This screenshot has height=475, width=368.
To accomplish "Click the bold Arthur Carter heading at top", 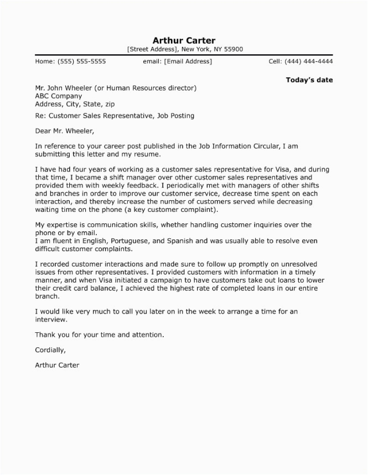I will tap(184, 40).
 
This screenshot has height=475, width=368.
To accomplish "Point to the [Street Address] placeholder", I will tap(152, 49).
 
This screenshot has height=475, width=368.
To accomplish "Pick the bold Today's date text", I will tap(309, 80).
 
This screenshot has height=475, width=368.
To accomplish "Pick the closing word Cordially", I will tap(50, 350).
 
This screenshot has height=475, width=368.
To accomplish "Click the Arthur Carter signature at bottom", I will tap(57, 365).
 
